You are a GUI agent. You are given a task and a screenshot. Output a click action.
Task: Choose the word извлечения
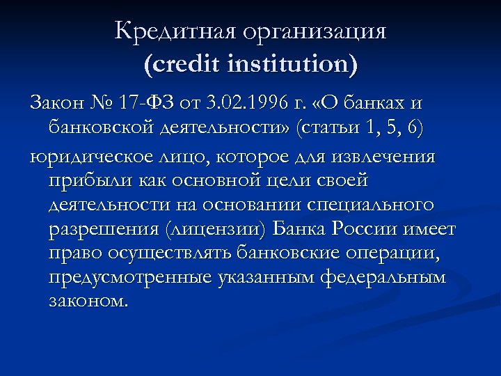(387, 157)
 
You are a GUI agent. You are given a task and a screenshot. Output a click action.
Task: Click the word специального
(372, 206)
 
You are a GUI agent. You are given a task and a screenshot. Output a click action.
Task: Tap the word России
(371, 230)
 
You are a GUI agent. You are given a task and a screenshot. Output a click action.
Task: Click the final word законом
(89, 304)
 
